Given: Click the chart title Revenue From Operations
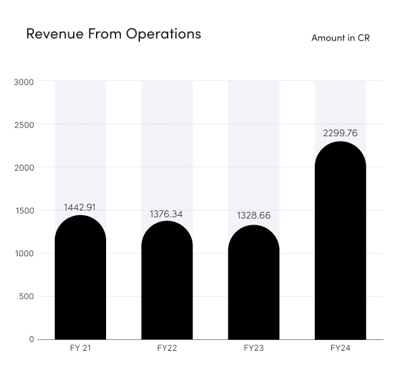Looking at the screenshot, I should click(x=114, y=33).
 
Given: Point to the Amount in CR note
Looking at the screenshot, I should click(x=340, y=38).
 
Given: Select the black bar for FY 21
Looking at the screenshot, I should click(x=80, y=280).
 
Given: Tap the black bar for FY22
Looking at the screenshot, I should click(x=167, y=283).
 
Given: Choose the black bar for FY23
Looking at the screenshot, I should click(x=253, y=285).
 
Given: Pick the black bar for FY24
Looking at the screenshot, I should click(x=340, y=243).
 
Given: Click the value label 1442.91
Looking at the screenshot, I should click(x=80, y=207).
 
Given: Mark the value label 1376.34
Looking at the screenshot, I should click(x=166, y=214).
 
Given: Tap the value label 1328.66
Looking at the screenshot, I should click(x=253, y=216).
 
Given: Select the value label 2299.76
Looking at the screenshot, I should click(x=340, y=133).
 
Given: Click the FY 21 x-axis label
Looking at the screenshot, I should click(x=80, y=348).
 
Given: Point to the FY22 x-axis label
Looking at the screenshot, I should click(x=167, y=348).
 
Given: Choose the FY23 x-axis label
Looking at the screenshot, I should click(x=253, y=348).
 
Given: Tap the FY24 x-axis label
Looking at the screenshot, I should click(x=340, y=348).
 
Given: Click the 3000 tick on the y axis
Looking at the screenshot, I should click(x=24, y=82).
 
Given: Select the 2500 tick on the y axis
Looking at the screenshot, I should click(x=24, y=125).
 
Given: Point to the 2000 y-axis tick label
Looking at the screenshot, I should click(x=24, y=167).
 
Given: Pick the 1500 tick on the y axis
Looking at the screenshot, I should click(x=24, y=210).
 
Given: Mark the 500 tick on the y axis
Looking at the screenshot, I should click(x=26, y=296).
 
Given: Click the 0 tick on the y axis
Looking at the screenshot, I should click(x=31, y=339).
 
